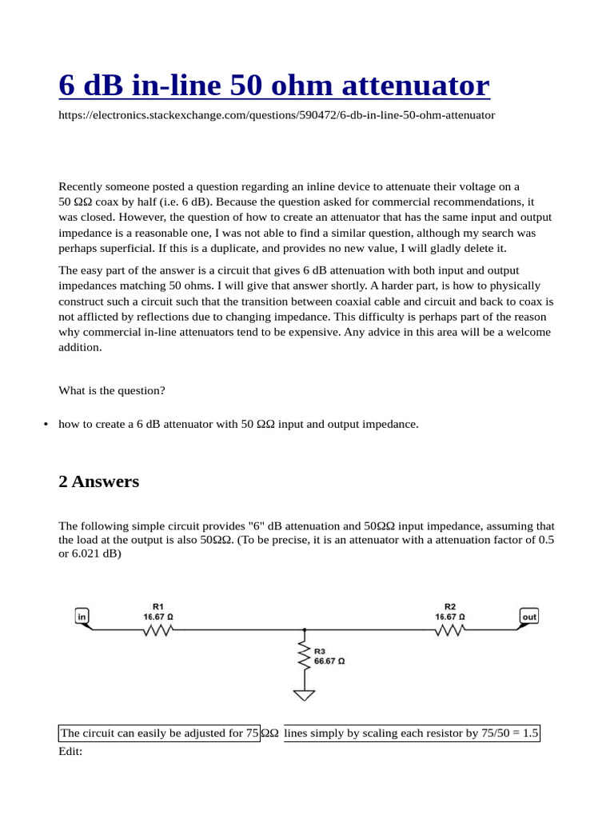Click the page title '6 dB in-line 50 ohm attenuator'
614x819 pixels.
274,86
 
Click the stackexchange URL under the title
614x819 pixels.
277,115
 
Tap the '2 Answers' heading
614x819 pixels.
98,481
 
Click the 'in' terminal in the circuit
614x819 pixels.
82,617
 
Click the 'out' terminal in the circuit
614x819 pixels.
529,617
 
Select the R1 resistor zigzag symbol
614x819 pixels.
158,630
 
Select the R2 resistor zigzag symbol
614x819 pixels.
450,630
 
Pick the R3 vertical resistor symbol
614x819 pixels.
304,657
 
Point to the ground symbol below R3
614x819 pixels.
304,694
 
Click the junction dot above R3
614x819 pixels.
304,630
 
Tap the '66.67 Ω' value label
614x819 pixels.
329,661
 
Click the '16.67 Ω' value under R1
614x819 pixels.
158,617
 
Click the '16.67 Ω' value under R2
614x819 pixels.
450,617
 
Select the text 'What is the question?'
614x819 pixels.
112,390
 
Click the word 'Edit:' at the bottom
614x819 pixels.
70,752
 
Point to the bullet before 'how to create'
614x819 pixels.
46,425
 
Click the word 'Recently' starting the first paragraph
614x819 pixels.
81,186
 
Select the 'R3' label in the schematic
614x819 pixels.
320,652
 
